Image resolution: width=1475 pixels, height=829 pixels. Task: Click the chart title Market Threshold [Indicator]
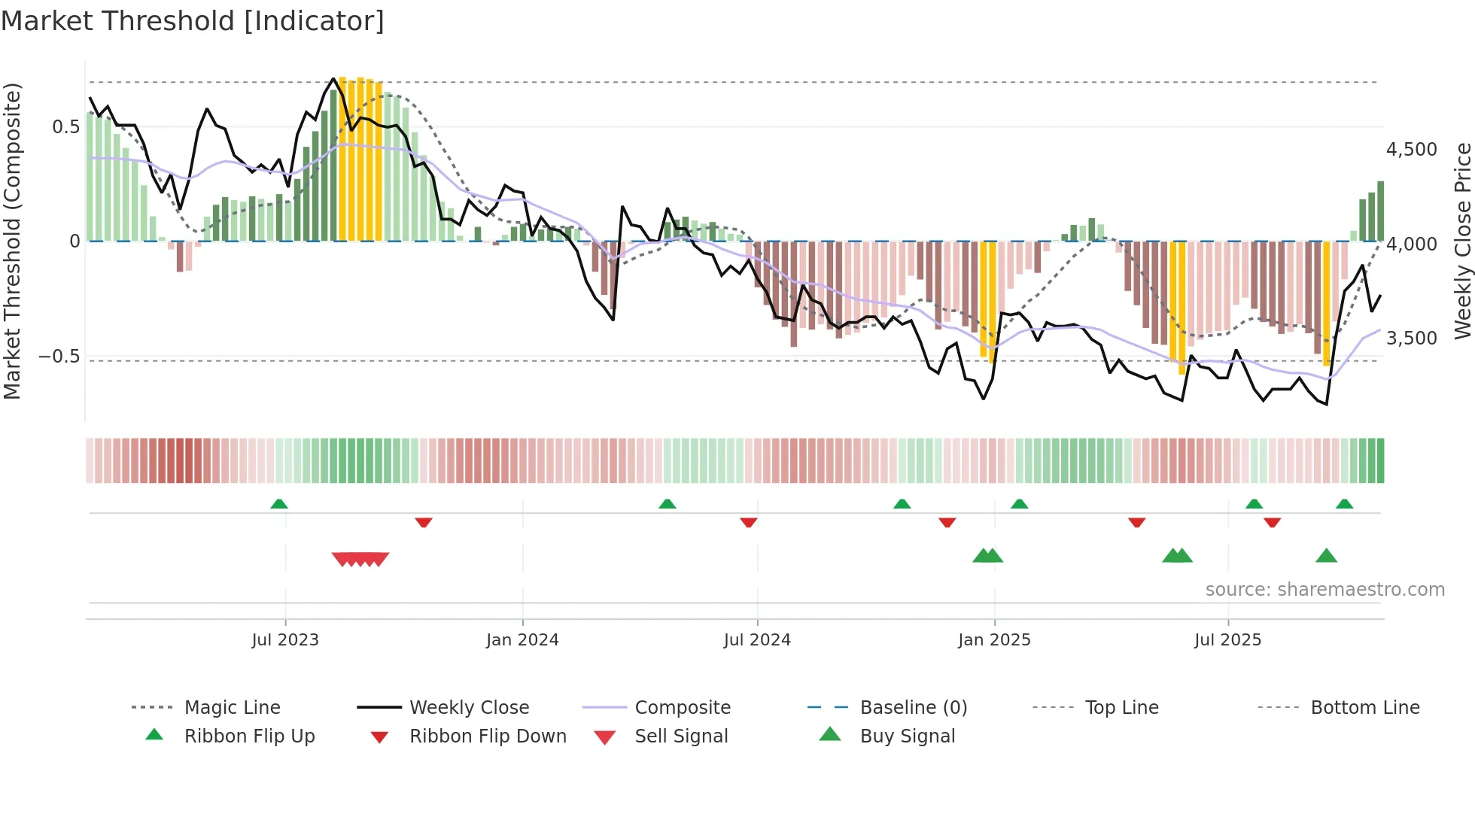(x=193, y=21)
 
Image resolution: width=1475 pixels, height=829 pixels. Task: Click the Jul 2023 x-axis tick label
(x=285, y=640)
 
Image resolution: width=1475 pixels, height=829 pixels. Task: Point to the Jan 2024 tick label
(x=522, y=640)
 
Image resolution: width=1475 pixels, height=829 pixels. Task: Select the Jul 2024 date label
(x=757, y=640)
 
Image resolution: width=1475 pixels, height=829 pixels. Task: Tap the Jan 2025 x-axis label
(x=994, y=640)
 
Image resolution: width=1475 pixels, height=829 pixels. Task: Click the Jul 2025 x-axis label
(x=1227, y=640)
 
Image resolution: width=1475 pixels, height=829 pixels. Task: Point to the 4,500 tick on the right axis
(x=1412, y=150)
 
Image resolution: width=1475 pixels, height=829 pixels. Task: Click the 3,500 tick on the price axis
(x=1412, y=339)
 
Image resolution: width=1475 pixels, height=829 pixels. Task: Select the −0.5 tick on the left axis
(x=59, y=357)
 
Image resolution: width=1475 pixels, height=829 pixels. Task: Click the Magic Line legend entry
(x=232, y=708)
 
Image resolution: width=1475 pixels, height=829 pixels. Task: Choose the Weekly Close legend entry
(x=469, y=708)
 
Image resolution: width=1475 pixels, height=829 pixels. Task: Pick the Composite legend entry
(x=683, y=708)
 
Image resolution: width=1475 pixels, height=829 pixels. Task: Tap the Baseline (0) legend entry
(x=913, y=708)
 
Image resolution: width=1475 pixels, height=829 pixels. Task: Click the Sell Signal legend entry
(x=681, y=736)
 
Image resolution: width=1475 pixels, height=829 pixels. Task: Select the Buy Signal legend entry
(x=907, y=736)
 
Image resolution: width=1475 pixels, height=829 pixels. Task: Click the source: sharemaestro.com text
(x=1324, y=590)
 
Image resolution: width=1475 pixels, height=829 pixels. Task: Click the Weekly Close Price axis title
(x=1462, y=241)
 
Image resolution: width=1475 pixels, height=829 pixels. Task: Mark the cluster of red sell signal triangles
(x=360, y=559)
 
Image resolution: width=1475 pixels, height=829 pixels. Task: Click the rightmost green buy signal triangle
(x=1326, y=556)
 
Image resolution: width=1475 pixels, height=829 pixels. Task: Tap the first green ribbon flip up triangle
(x=279, y=503)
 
